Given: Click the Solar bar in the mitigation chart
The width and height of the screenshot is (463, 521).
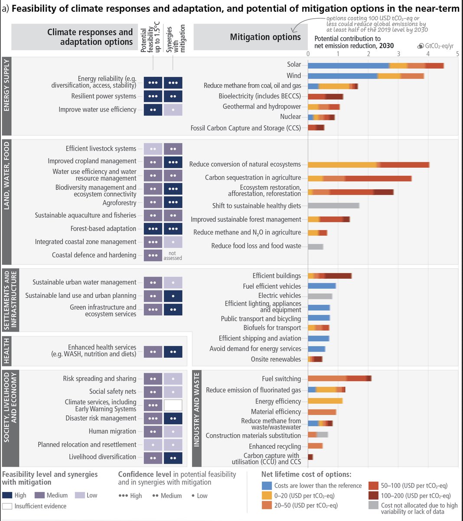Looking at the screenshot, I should [375, 65].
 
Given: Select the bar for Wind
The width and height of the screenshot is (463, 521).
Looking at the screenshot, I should [365, 76].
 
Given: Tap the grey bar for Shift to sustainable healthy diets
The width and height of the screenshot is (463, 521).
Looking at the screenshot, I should [333, 206].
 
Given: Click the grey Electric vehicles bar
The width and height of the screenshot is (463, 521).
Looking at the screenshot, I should [320, 296].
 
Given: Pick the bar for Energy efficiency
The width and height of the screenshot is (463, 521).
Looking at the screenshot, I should [325, 401].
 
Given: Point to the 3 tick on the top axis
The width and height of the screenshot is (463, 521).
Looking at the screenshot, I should [398, 54].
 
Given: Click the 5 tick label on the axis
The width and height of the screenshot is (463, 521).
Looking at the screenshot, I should [457, 54].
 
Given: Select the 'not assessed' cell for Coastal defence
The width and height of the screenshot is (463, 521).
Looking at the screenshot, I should [173, 255].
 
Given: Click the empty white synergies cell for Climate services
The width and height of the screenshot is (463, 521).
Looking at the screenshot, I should [173, 405].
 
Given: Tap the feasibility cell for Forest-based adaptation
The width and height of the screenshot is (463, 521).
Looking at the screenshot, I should [153, 229].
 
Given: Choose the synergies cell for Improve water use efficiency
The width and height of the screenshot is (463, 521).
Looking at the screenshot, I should [173, 110].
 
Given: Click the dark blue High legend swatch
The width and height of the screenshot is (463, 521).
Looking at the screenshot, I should [7, 495].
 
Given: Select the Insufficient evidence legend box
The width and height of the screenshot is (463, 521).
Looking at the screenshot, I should [7, 506].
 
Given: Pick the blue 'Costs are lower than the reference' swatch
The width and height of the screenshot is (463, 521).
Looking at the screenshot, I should [267, 485].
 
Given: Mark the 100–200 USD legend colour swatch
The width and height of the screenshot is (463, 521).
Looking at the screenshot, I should [374, 495].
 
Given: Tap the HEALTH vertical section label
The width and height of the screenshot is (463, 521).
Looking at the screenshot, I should [7, 351].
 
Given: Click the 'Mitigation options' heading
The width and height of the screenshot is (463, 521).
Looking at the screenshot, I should [265, 37].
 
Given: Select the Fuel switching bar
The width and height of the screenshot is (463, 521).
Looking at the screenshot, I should [339, 379].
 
